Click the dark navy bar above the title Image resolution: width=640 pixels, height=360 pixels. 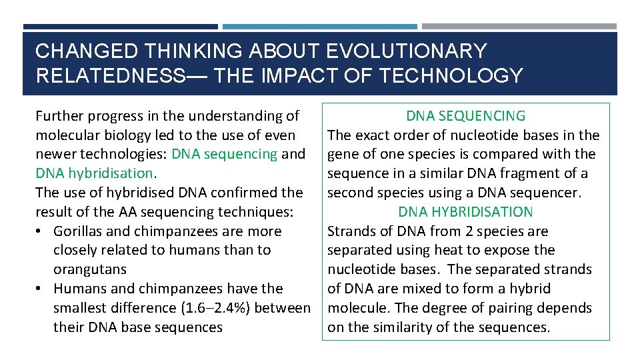[120, 27]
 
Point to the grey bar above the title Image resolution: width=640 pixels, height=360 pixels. [519, 27]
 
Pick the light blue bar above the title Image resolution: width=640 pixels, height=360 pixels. [319, 27]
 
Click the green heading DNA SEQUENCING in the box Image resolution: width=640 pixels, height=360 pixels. [466, 116]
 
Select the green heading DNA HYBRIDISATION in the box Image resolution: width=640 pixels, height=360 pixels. [466, 212]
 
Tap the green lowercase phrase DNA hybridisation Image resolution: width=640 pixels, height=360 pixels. [94, 173]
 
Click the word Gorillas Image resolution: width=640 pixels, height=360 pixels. [81, 231]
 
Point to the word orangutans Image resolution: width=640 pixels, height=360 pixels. [90, 269]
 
